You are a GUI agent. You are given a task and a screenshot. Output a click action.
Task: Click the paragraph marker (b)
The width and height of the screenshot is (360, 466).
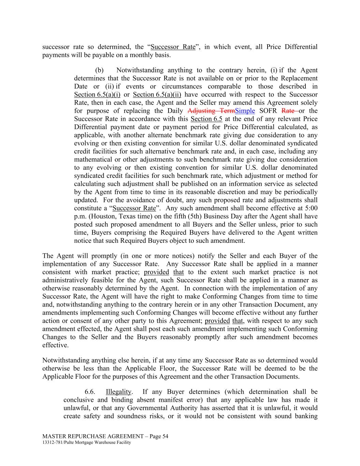click(99, 70)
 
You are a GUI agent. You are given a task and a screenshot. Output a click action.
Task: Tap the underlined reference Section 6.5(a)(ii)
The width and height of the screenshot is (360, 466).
click(157, 95)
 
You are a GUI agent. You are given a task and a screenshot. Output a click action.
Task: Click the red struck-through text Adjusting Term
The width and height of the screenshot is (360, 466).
click(211, 111)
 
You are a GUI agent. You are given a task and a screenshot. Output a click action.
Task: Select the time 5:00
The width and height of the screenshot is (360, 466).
click(311, 208)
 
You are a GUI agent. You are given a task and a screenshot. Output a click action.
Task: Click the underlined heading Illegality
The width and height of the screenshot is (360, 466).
click(118, 392)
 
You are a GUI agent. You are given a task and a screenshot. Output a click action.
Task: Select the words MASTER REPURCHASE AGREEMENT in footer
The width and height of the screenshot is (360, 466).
click(93, 436)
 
